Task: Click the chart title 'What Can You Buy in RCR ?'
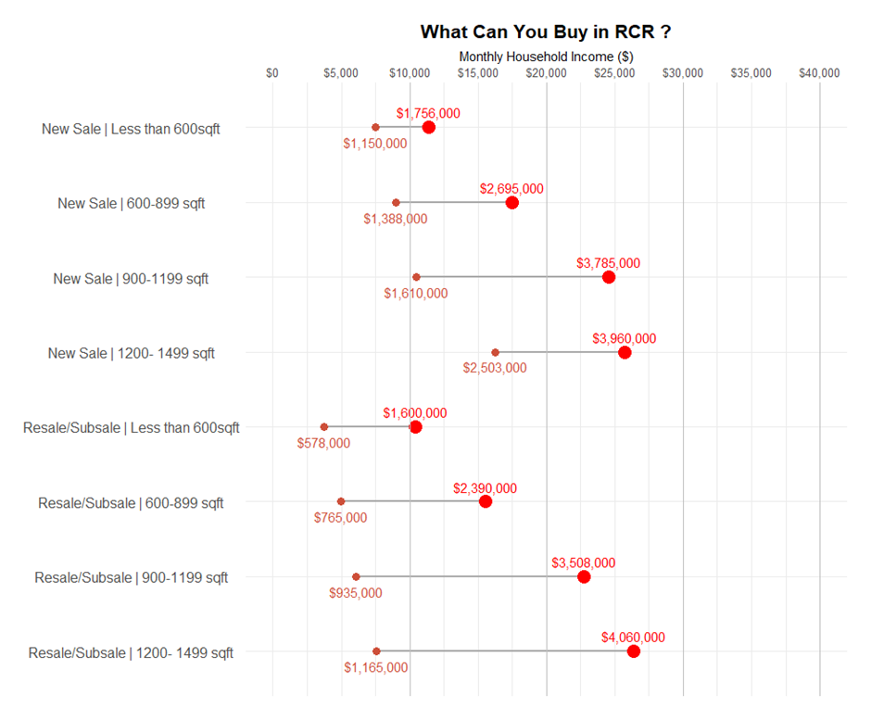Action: (x=545, y=32)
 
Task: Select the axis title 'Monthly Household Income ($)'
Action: (x=546, y=57)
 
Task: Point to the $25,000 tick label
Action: (x=615, y=73)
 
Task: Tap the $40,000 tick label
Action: (x=819, y=73)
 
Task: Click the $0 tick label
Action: (x=272, y=73)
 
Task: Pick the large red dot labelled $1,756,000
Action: (x=428, y=127)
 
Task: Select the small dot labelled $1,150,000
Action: (x=375, y=127)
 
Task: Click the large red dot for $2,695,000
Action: (x=511, y=202)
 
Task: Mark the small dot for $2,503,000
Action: (x=495, y=352)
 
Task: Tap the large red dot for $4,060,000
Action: (x=633, y=651)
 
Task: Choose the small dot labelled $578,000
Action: (x=323, y=427)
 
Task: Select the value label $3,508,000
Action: (x=583, y=562)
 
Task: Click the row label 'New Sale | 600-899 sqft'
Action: (x=131, y=204)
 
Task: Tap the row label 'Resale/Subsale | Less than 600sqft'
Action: (x=131, y=428)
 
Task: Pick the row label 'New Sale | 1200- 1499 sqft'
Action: (x=131, y=353)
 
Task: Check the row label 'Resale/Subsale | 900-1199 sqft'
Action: (x=131, y=578)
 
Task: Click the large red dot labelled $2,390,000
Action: (x=485, y=501)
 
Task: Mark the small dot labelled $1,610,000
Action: (x=416, y=277)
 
